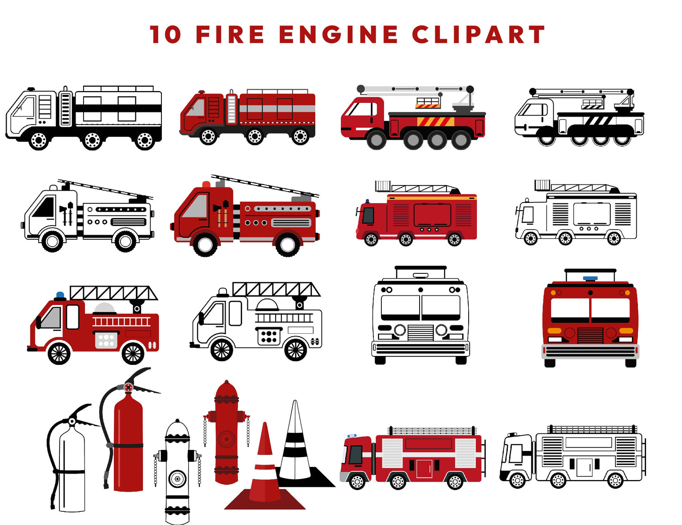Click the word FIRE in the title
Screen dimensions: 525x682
230,35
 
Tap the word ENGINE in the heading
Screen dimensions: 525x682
338,35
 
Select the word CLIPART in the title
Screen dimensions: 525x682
478,35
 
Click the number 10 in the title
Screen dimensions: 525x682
165,35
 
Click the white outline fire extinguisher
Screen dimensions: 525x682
71,467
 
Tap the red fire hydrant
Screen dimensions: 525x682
227,434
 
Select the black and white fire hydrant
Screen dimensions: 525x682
177,472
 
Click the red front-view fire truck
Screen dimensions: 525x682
590,319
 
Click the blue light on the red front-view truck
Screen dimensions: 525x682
590,279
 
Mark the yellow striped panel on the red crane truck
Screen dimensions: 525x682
435,121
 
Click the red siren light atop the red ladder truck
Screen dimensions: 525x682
206,184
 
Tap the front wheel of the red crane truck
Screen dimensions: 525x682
376,140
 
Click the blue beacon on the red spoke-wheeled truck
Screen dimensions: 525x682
60,296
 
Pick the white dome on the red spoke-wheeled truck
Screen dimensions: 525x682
105,309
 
